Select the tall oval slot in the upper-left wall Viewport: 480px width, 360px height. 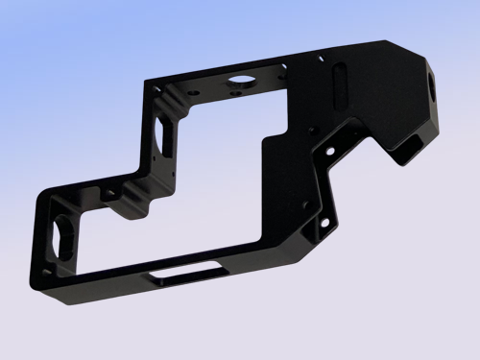tap(159, 133)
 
